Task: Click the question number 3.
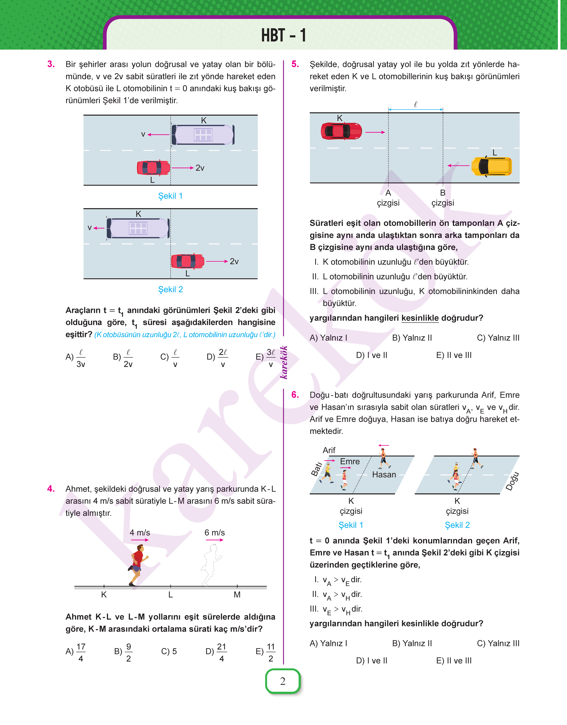[51, 64]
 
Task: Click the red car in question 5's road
[341, 131]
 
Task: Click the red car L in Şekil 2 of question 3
[188, 261]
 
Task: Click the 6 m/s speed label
[214, 533]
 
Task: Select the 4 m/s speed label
[140, 533]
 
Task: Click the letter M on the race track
[237, 595]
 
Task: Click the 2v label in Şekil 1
[200, 168]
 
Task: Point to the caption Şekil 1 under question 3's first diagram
[170, 196]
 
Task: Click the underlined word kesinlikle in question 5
[420, 318]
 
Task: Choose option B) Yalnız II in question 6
[412, 643]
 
